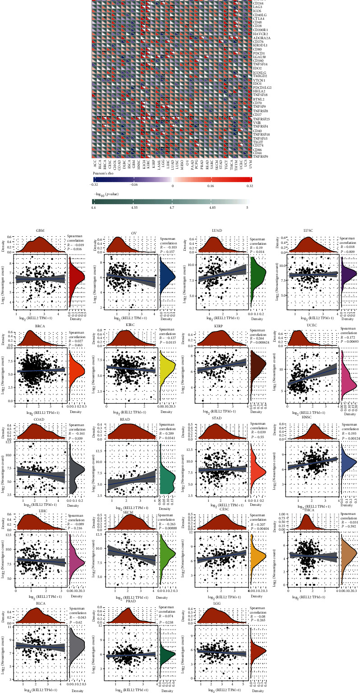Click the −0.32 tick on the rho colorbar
pyautogui.click(x=95, y=185)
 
